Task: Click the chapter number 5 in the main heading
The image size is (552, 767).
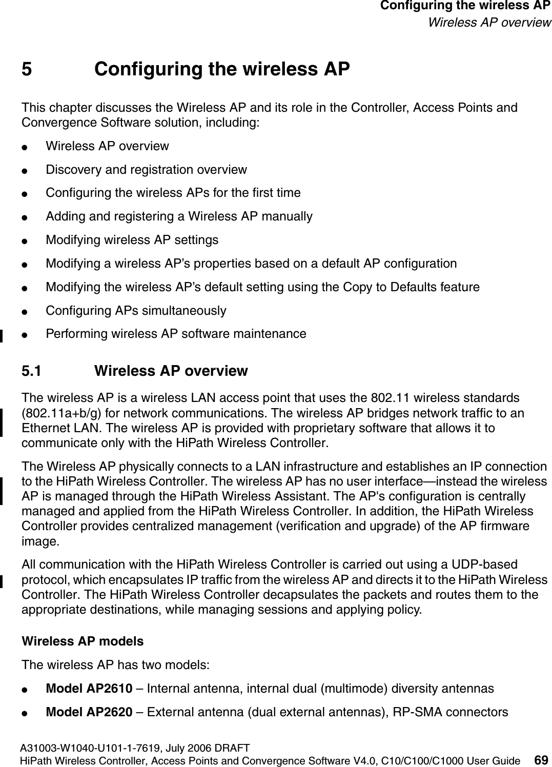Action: [x=28, y=69]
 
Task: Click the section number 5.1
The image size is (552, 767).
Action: [x=32, y=371]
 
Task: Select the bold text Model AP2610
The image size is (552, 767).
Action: [x=89, y=688]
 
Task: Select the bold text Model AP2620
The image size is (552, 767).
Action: [x=89, y=712]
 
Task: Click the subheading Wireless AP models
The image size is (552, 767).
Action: [x=83, y=641]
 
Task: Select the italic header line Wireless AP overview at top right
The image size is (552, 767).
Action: [x=489, y=23]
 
